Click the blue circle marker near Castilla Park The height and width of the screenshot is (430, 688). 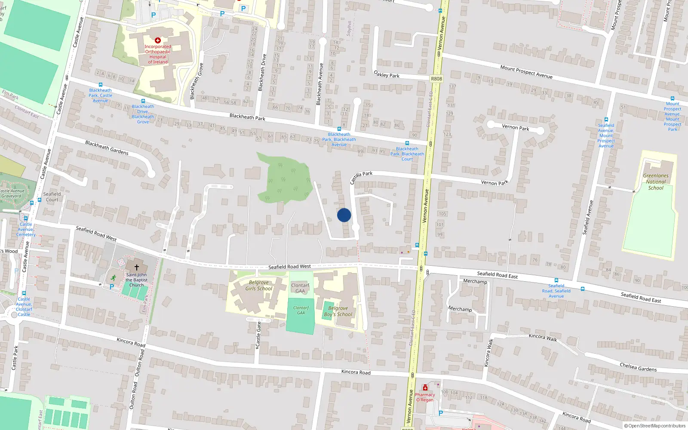pos(344,215)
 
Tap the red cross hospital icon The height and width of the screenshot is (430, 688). pos(158,41)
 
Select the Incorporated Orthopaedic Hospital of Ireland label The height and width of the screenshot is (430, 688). pos(158,54)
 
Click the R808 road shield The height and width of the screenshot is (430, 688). pos(436,79)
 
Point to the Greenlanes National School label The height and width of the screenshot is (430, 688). pos(656,181)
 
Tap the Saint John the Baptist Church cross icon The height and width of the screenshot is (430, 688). pos(137,267)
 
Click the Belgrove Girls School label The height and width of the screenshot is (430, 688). pos(259,286)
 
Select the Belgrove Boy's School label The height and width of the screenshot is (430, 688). pos(338,311)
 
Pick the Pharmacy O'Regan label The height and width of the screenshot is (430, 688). pos(425,397)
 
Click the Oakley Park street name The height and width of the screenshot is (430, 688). pos(387,74)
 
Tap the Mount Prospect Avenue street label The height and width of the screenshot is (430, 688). pos(526,71)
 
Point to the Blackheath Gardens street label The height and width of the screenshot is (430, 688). pos(107,147)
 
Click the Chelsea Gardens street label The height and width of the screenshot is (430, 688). pos(638,367)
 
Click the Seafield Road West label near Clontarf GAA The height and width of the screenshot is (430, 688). pos(289,267)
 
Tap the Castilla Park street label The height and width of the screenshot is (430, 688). pos(361,176)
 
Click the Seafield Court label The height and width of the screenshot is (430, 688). pos(52,197)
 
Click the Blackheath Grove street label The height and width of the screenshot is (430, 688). pos(197,81)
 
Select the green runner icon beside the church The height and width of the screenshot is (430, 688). pos(113,278)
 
